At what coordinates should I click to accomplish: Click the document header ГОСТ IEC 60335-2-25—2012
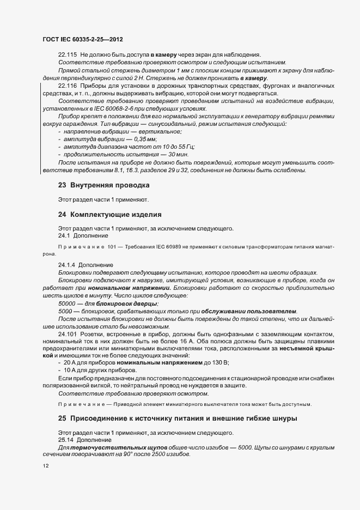coord(82,40)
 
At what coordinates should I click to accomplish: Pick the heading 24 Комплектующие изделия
coord(109,214)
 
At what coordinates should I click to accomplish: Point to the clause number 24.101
coord(67,333)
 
